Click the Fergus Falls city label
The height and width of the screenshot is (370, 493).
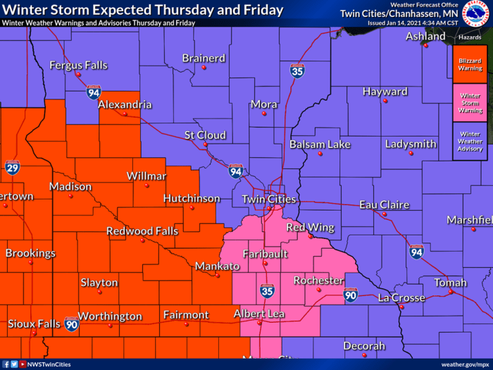click(x=78, y=66)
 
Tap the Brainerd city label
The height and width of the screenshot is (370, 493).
click(x=204, y=58)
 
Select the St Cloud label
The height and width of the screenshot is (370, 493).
click(x=205, y=135)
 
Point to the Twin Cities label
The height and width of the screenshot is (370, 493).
click(x=269, y=199)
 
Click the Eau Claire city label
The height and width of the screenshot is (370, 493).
click(x=384, y=205)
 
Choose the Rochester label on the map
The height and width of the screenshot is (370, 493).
click(x=318, y=280)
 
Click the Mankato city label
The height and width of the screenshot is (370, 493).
click(x=217, y=267)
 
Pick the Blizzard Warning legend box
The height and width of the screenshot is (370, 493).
click(x=470, y=65)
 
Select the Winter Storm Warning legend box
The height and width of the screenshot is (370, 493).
click(x=470, y=103)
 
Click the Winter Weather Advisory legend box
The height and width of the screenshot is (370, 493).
click(x=470, y=141)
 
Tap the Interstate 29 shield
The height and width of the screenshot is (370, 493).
click(x=13, y=167)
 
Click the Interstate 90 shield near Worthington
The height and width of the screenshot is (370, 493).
click(x=71, y=324)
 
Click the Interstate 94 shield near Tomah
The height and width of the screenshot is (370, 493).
click(x=417, y=252)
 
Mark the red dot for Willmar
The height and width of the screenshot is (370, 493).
click(x=146, y=186)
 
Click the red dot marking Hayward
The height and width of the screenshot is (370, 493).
click(x=385, y=101)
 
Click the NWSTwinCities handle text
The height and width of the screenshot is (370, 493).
click(x=49, y=364)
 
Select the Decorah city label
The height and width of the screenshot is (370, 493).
click(x=364, y=346)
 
